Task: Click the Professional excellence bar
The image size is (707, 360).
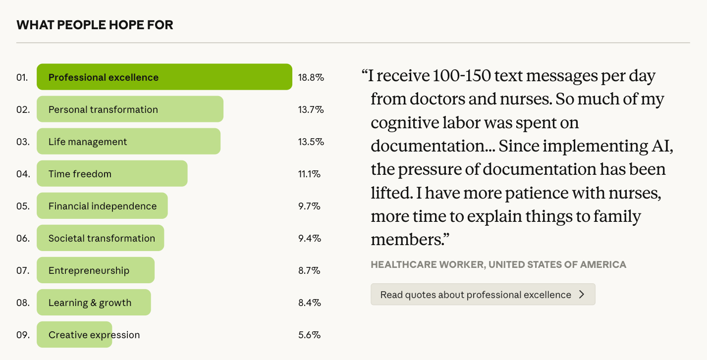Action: [164, 77]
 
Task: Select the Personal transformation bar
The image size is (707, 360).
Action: [130, 109]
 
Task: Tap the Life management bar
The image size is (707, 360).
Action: [128, 141]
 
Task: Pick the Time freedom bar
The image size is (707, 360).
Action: [112, 173]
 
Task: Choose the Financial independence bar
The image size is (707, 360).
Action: [102, 206]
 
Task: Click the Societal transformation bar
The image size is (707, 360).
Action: [100, 238]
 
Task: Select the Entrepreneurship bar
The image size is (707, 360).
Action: [96, 270]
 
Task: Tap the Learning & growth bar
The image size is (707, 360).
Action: [94, 302]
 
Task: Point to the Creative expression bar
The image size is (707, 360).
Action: [74, 334]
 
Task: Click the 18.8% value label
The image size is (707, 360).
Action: [311, 77]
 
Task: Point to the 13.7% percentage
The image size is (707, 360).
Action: [311, 109]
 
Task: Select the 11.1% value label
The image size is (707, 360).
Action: [309, 174]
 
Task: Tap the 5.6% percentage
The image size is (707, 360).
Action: [309, 335]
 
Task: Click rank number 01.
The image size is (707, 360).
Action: [23, 77]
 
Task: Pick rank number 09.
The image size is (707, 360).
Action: [23, 335]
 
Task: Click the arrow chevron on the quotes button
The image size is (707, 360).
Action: [582, 295]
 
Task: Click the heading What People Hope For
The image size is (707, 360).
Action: [95, 25]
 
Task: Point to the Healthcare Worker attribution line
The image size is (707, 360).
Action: [498, 264]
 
